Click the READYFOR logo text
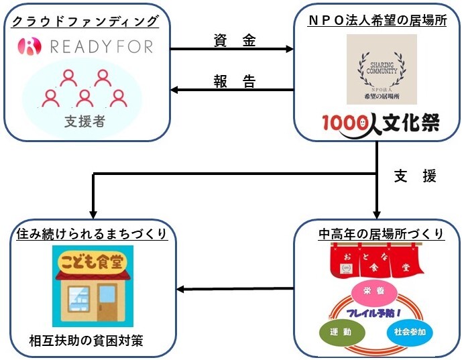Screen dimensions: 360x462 97,46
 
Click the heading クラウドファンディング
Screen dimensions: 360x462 85,21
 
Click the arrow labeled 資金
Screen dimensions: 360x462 232,49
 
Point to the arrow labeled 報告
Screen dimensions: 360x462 232,90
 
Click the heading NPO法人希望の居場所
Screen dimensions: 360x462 378,21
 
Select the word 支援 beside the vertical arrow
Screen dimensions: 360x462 415,177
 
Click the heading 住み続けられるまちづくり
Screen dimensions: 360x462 91,235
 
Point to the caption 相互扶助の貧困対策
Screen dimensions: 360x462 87,341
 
